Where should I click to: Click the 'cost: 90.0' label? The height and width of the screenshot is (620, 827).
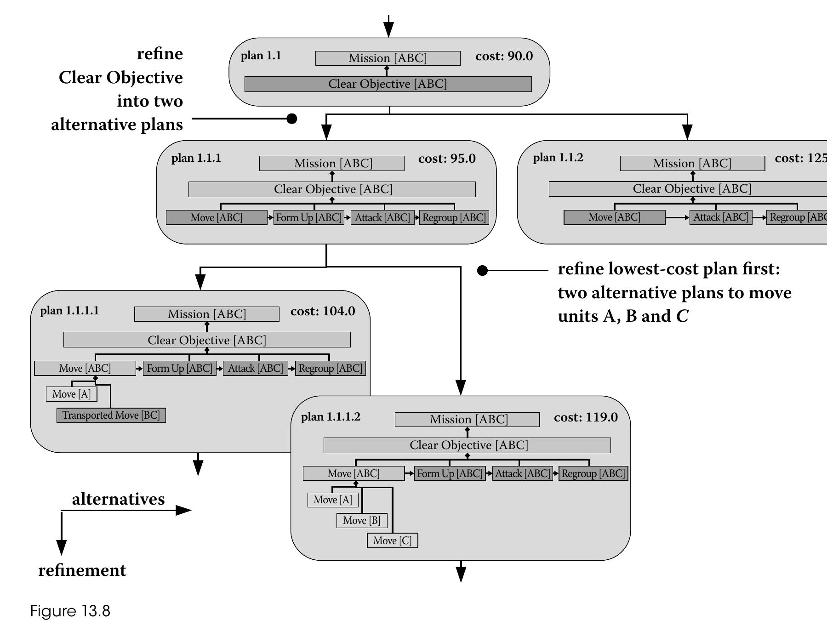(x=504, y=56)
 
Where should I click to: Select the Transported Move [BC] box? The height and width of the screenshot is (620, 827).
(x=111, y=415)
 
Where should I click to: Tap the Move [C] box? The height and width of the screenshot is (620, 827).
(x=392, y=540)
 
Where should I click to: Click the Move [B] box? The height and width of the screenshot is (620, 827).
(x=362, y=520)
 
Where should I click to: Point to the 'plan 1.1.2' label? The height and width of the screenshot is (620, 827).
(x=558, y=158)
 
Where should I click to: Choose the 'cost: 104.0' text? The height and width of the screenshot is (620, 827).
(x=323, y=311)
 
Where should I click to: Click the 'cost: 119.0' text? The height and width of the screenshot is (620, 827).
(x=586, y=417)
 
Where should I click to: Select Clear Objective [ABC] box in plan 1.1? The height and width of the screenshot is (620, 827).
(x=388, y=84)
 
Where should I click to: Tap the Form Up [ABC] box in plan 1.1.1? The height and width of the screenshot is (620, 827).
(x=308, y=217)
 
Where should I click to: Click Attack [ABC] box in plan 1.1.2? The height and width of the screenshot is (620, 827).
(x=720, y=217)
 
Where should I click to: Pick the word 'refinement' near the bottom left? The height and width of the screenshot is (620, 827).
(x=82, y=570)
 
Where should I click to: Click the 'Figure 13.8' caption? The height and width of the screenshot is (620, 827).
(x=70, y=611)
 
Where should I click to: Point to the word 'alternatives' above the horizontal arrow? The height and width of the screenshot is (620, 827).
(x=118, y=499)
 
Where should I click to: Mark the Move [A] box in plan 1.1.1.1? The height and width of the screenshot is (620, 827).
(x=71, y=394)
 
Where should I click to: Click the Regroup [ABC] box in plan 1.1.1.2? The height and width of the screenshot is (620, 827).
(x=593, y=473)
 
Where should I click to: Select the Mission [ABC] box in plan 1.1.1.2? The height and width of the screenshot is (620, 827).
(x=467, y=419)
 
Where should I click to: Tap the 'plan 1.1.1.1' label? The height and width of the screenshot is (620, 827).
(x=69, y=311)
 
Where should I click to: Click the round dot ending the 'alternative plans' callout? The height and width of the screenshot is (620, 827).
(x=291, y=119)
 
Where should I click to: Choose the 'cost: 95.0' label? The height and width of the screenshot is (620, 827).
(x=447, y=159)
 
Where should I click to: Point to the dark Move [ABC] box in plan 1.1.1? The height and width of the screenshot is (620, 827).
(x=216, y=217)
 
